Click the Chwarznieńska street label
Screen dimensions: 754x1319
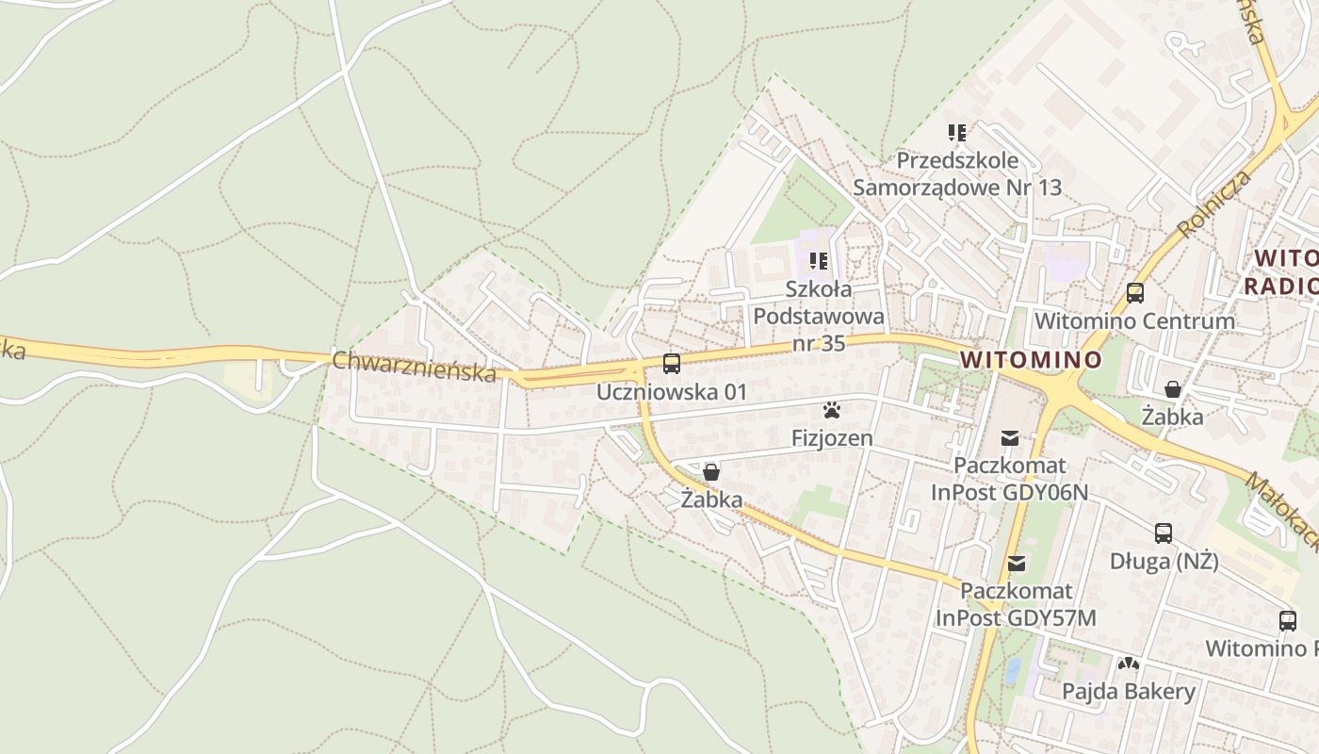point(414,367)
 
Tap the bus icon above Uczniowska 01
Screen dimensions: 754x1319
point(671,364)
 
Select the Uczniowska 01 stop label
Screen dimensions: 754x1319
point(671,391)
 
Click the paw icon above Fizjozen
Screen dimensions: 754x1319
point(832,410)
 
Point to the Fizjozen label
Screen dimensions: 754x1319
point(832,438)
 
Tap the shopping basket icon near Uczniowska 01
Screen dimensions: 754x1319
point(711,472)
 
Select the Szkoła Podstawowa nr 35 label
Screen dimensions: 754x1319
point(819,316)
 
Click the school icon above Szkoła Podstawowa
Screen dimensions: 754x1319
point(819,260)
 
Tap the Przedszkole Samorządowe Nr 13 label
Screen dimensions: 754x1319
point(957,174)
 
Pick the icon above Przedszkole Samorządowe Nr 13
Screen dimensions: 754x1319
point(957,133)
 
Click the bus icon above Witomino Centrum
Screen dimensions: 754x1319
point(1134,293)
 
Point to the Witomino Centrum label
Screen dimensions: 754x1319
point(1134,320)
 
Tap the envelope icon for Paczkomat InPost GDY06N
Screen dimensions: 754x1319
point(1010,437)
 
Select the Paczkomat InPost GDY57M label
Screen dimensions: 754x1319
point(1016,605)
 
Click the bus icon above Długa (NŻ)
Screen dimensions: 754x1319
point(1164,533)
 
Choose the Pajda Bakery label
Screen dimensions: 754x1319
point(1128,692)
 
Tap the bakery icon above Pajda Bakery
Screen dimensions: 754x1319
point(1128,664)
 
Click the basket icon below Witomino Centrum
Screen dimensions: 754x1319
point(1172,389)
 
